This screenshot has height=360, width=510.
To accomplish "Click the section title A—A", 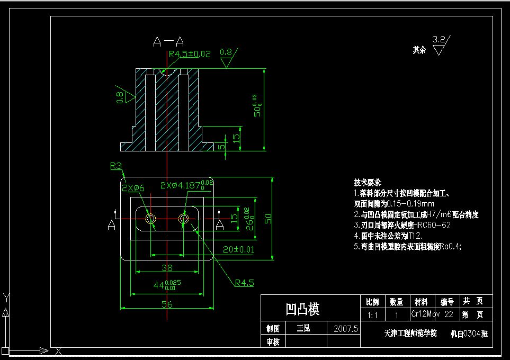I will tap(168, 41).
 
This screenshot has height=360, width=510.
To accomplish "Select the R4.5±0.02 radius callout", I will tap(190, 53).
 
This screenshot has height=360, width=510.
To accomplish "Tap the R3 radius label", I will tap(116, 166).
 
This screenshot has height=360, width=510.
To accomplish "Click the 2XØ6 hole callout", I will tap(133, 188).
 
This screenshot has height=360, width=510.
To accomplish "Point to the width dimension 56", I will tap(167, 304).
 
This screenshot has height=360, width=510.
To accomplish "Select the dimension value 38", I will tap(167, 268).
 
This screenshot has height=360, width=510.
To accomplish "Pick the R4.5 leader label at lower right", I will tap(245, 283).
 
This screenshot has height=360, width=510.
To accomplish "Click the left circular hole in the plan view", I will tap(151, 218).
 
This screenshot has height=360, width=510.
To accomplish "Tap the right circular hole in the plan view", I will tap(184, 218).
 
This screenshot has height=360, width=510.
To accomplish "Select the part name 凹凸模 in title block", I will tap(302, 309).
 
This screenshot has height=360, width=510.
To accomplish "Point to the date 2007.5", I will tap(346, 329).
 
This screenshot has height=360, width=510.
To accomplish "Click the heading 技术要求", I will tap(368, 183).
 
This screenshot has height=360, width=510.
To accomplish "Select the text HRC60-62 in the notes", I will tap(432, 224).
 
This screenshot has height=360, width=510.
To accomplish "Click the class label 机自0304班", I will tap(469, 334).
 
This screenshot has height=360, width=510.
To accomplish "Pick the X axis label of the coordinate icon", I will tap(59, 351).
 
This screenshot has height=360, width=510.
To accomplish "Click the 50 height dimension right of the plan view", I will tap(268, 218).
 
